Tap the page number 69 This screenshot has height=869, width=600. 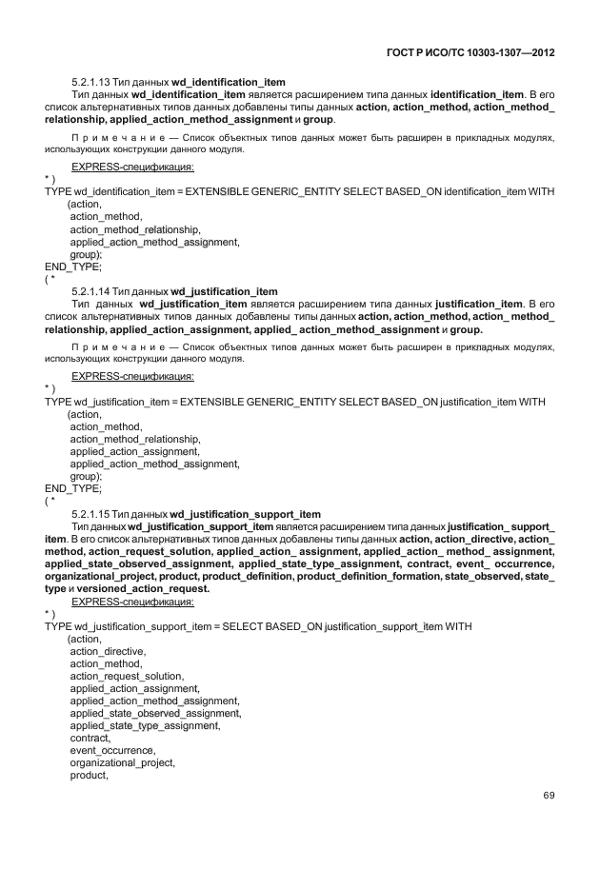pyautogui.click(x=549, y=796)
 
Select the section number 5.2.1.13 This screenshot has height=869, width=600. pyautogui.click(x=91, y=82)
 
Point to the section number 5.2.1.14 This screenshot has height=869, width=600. pyautogui.click(x=91, y=291)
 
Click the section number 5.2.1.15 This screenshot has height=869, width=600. pyautogui.click(x=91, y=514)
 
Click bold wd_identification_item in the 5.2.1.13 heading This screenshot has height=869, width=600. pyautogui.click(x=229, y=82)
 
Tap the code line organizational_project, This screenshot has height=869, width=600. pyautogui.click(x=123, y=762)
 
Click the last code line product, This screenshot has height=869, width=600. pyautogui.click(x=90, y=775)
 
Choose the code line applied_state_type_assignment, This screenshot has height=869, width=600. pyautogui.click(x=145, y=725)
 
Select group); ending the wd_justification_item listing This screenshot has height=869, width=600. pyautogui.click(x=86, y=476)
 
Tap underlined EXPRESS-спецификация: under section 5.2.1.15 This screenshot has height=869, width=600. pyautogui.click(x=132, y=602)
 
